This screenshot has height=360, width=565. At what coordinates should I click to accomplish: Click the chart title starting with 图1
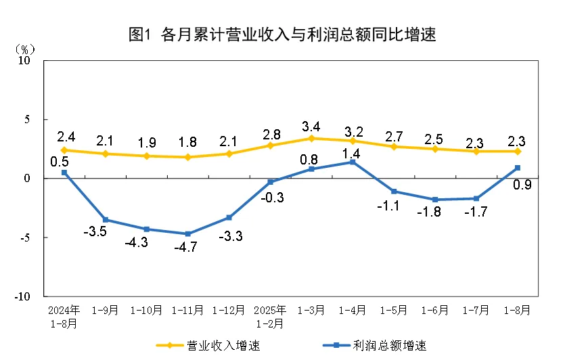(x=282, y=35)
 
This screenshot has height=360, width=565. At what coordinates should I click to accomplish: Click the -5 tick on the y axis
(x=26, y=238)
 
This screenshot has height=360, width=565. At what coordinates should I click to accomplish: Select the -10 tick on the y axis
(x=24, y=296)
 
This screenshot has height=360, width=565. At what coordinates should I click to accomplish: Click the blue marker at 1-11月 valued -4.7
(x=187, y=233)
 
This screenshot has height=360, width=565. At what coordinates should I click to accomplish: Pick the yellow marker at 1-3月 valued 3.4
(x=311, y=138)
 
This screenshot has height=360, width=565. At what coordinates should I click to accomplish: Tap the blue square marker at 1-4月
(x=353, y=162)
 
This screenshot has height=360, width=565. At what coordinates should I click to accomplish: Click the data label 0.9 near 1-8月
(x=522, y=184)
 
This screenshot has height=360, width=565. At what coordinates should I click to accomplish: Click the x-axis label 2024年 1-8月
(x=64, y=317)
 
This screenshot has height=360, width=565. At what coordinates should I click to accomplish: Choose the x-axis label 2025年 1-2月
(x=270, y=317)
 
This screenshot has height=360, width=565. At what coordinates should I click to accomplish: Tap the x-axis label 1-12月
(x=229, y=311)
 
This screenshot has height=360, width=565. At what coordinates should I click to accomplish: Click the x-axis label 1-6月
(x=435, y=311)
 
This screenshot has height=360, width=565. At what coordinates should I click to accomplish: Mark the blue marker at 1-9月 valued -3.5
(x=105, y=219)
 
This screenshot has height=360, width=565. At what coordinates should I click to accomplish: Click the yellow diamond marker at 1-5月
(x=394, y=146)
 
